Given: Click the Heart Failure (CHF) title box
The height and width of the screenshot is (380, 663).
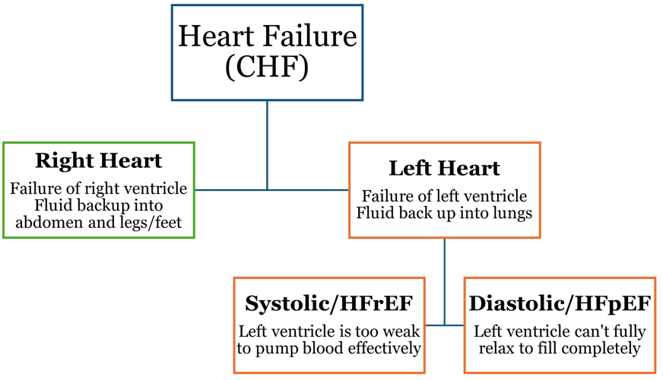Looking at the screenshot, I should tap(267, 52).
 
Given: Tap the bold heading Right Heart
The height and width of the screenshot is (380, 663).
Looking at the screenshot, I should tap(99, 161).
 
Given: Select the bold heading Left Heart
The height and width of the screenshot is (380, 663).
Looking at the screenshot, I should tap(444, 168).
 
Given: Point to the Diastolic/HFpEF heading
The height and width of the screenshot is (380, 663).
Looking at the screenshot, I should tap(560, 304).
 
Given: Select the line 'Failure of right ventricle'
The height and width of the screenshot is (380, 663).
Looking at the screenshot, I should tap(99, 188).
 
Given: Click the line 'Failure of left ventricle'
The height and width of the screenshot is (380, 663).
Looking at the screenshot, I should tap(444, 195).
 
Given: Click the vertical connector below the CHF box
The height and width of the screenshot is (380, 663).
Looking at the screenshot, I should tap(267, 144).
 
